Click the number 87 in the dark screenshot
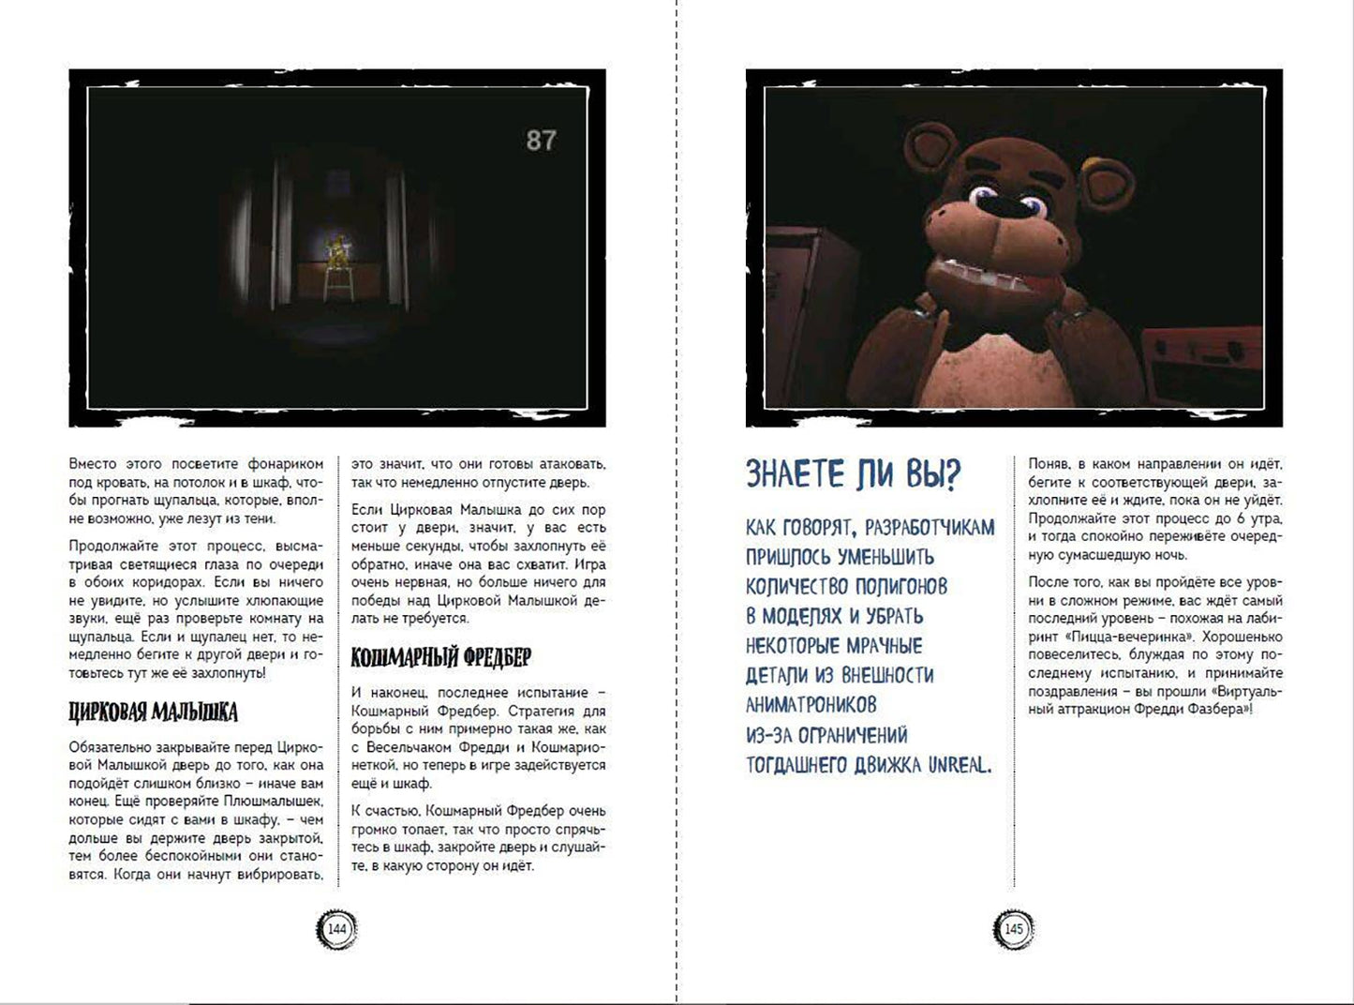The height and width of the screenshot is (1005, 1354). (541, 141)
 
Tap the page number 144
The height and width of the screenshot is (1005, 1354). (336, 929)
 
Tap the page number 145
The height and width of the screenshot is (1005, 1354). (1013, 929)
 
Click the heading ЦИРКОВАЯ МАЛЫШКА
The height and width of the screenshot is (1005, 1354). (154, 712)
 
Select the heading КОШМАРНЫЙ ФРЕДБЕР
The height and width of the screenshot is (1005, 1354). (440, 657)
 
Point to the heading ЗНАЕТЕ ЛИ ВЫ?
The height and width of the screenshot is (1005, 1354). (853, 475)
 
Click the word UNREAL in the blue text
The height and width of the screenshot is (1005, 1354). (959, 765)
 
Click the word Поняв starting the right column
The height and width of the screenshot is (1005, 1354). (1048, 464)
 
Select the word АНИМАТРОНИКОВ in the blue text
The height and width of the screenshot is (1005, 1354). (811, 705)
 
